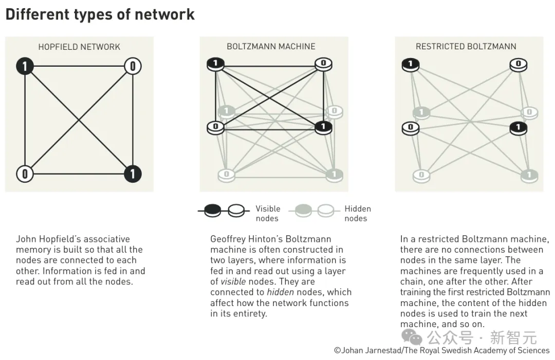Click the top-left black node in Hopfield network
pyautogui.click(x=25, y=66)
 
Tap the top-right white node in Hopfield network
pyautogui.click(x=133, y=66)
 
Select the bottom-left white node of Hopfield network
pyautogui.click(x=25, y=174)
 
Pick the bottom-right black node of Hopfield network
pyautogui.click(x=133, y=174)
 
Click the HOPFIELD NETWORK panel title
pyautogui.click(x=79, y=47)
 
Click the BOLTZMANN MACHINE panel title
pyautogui.click(x=271, y=47)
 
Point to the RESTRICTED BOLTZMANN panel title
pyautogui.click(x=466, y=47)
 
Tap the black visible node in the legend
pyautogui.click(x=213, y=210)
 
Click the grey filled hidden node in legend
pyautogui.click(x=304, y=210)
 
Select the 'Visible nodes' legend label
pyautogui.click(x=268, y=214)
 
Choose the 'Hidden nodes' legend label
pyautogui.click(x=357, y=214)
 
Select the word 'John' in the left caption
pyautogui.click(x=26, y=239)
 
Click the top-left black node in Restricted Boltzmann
pyautogui.click(x=410, y=64)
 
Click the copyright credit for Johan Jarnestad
pyautogui.click(x=442, y=350)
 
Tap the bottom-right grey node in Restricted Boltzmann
pyautogui.click(x=529, y=175)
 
